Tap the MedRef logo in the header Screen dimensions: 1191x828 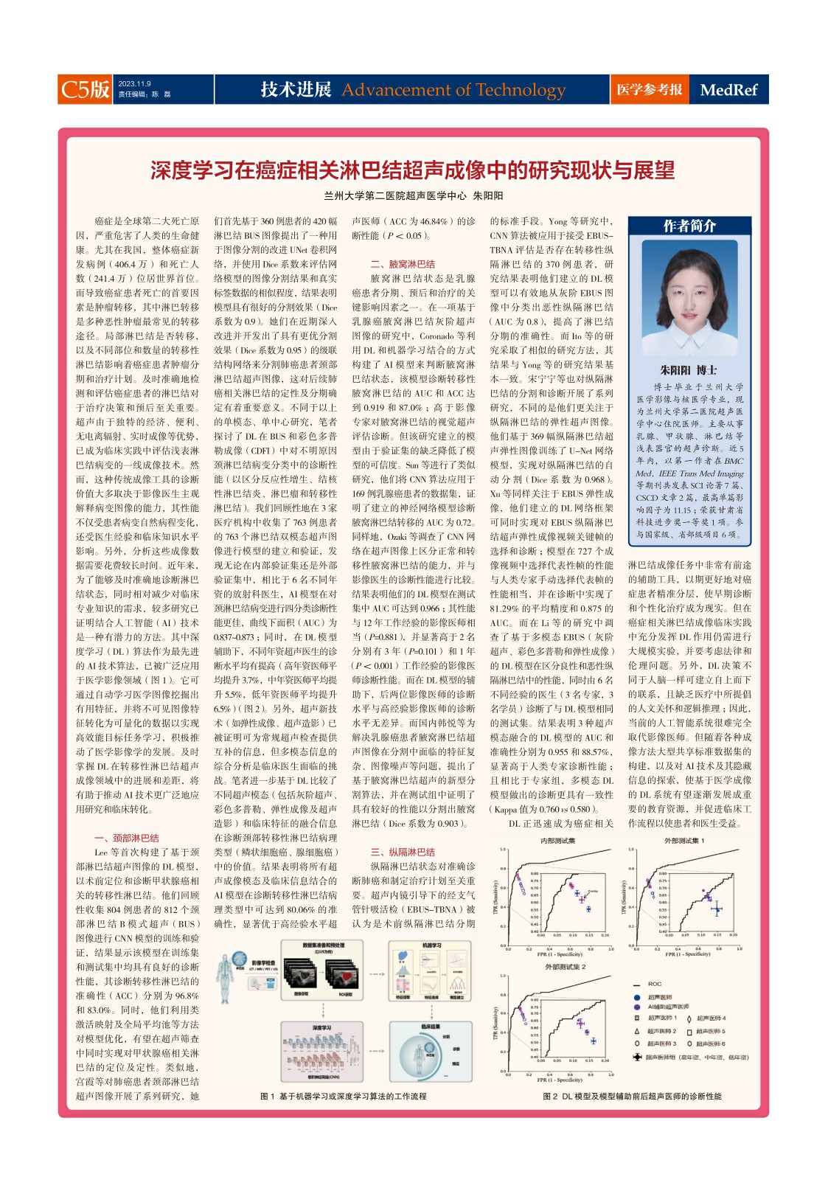point(728,90)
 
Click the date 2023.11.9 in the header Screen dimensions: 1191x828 point(134,84)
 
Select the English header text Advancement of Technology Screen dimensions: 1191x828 point(453,90)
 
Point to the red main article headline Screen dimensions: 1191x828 point(413,170)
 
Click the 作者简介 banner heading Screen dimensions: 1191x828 point(689,226)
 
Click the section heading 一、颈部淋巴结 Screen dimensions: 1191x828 point(127,838)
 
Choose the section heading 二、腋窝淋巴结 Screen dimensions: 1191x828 point(403,264)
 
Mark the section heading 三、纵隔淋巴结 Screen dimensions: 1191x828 point(403,852)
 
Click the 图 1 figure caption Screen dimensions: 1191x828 point(344,1097)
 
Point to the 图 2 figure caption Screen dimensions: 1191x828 point(632,1097)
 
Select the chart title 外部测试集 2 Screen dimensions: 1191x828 point(566,967)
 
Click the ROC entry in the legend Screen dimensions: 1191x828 point(655,985)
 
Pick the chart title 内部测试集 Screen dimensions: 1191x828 point(558,841)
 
